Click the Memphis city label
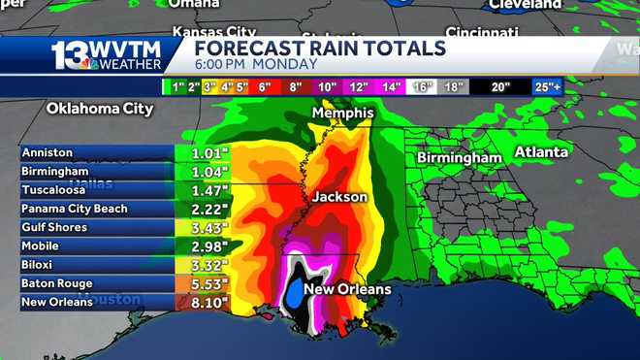pyautogui.click(x=342, y=114)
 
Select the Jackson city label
pyautogui.click(x=339, y=197)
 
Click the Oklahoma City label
pyautogui.click(x=100, y=109)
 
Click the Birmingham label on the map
pyautogui.click(x=460, y=157)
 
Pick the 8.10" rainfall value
pyautogui.click(x=203, y=303)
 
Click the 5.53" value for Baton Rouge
pyautogui.click(x=203, y=283)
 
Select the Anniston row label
pyautogui.click(x=48, y=152)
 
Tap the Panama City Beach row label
pyautogui.click(x=75, y=209)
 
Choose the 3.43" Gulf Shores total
pyautogui.click(x=203, y=227)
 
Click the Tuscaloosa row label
pyautogui.click(x=54, y=190)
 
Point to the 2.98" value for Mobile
pyautogui.click(x=203, y=246)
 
